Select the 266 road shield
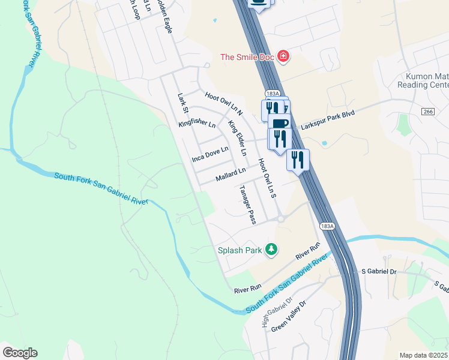pos(427,112)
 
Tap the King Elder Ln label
pos(237,138)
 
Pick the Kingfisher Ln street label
pos(197,124)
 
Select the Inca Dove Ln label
pos(210,154)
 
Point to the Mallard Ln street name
pos(231,175)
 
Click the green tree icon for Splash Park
pos(271,249)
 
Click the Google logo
pos(20,353)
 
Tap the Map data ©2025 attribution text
pos(424,355)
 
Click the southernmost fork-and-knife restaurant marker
pos(297,160)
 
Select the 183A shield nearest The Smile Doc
pos(271,94)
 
